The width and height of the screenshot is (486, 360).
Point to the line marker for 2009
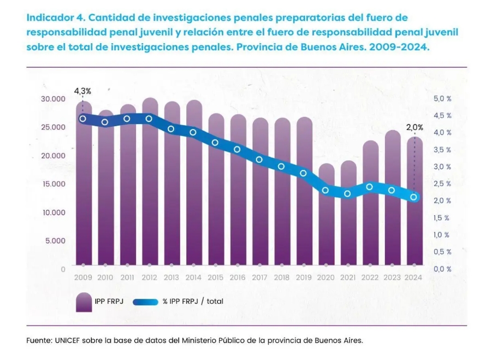click(x=83, y=119)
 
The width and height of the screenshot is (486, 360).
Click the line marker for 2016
click(x=238, y=149)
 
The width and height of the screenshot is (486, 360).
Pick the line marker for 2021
click(x=348, y=193)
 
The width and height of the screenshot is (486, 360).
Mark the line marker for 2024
click(x=414, y=197)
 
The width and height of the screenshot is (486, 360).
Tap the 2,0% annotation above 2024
click(x=414, y=127)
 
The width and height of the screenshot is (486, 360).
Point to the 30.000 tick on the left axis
click(x=53, y=99)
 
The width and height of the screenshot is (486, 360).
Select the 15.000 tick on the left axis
click(x=53, y=184)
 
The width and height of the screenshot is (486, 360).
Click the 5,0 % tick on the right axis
click(x=442, y=99)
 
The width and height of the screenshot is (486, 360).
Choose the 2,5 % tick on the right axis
click(x=442, y=184)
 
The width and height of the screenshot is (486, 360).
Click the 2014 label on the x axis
click(x=193, y=278)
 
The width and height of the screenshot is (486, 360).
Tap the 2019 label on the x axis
click(x=304, y=278)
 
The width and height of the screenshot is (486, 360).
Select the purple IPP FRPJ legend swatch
click(x=84, y=302)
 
